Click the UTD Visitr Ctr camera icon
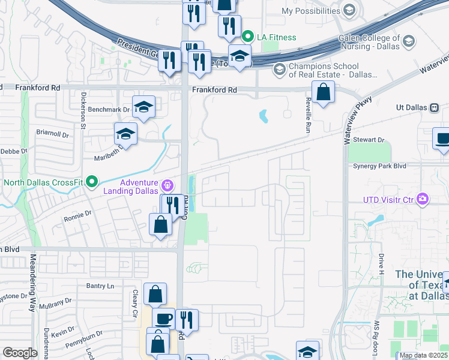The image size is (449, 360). click(x=424, y=199)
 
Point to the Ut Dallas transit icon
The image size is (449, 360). click(x=435, y=107)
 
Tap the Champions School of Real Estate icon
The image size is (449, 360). click(x=279, y=70)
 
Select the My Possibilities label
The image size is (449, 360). click(x=311, y=11)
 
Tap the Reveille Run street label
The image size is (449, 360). click(x=308, y=115)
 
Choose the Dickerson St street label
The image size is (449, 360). click(x=82, y=112)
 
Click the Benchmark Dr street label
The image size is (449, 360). click(x=109, y=110)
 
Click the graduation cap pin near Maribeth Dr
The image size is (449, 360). click(x=126, y=134)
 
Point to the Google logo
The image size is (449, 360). click(x=20, y=353)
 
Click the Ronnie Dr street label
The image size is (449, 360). click(x=78, y=213)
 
